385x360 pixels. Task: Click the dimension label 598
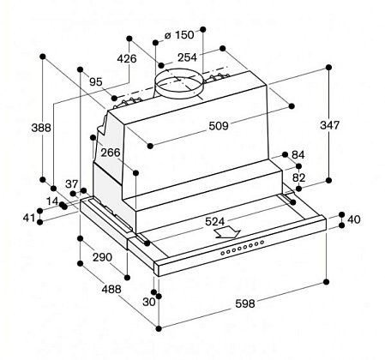click(x=245, y=303)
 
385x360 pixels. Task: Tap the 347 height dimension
click(x=329, y=125)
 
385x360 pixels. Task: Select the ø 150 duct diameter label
click(x=179, y=35)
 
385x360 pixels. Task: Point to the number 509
click(x=219, y=126)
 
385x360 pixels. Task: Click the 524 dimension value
click(x=215, y=221)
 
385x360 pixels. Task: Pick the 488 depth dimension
click(x=111, y=289)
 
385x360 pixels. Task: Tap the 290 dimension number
click(x=102, y=257)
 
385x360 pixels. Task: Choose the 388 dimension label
click(x=41, y=128)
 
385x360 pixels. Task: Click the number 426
click(x=127, y=59)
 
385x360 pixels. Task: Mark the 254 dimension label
click(x=187, y=57)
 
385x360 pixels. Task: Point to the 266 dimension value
click(x=111, y=153)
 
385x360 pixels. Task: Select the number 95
click(x=96, y=82)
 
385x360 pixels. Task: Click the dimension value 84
click(x=298, y=155)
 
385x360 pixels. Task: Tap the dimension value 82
click(x=298, y=177)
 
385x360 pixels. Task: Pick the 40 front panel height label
click(x=354, y=219)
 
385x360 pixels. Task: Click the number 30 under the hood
click(x=149, y=302)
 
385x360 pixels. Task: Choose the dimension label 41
click(x=29, y=218)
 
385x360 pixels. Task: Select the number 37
click(x=72, y=184)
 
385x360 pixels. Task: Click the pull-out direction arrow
click(x=228, y=232)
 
